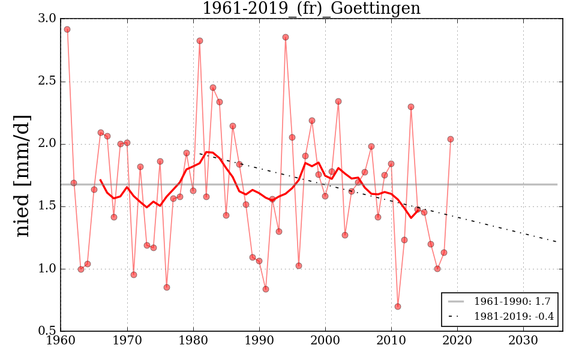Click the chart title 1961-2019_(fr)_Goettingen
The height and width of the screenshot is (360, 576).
click(x=311, y=9)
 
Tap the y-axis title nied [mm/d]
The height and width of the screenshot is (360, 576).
click(x=22, y=175)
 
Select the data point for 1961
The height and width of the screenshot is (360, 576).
click(x=67, y=29)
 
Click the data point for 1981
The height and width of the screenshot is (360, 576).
click(x=200, y=41)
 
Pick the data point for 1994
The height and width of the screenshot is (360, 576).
click(x=286, y=37)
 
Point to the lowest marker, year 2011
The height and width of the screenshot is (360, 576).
click(x=398, y=307)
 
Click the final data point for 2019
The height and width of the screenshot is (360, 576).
click(x=451, y=139)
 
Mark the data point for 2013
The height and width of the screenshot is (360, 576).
click(x=411, y=107)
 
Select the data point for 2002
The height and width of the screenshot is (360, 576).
click(x=338, y=101)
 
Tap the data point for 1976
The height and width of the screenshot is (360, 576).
click(x=167, y=287)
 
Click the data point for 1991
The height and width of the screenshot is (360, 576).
click(x=266, y=289)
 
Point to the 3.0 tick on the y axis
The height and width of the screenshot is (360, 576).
click(x=47, y=19)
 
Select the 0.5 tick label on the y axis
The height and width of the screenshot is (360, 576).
click(x=47, y=331)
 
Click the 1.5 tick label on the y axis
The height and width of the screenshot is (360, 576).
click(x=47, y=206)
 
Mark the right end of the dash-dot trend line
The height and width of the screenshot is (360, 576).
click(x=557, y=241)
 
